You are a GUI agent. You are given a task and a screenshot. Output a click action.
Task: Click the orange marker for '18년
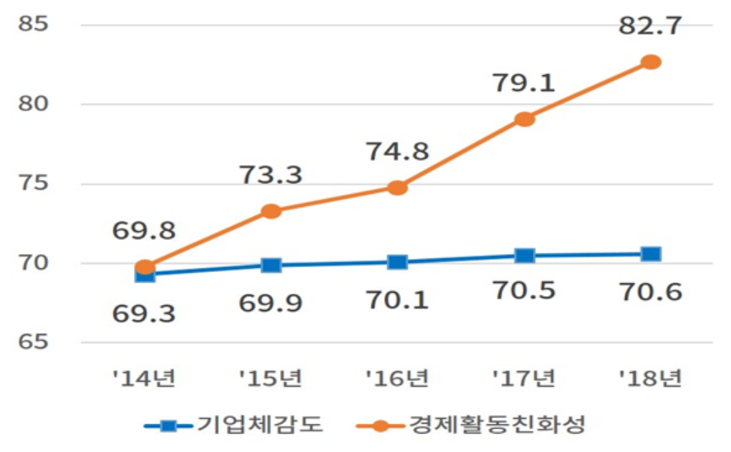651,62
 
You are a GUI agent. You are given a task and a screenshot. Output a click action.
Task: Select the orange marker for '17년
525,119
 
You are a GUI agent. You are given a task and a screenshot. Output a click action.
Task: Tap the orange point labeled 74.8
397,187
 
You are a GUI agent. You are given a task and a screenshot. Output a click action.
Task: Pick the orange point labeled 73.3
271,211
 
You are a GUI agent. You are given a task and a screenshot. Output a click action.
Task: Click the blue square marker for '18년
651,253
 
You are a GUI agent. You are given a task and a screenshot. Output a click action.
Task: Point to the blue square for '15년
271,265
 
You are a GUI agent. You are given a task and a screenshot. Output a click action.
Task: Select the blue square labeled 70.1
397,261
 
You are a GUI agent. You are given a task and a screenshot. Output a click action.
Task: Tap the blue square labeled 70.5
525,256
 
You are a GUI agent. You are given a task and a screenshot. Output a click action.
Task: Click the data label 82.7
651,26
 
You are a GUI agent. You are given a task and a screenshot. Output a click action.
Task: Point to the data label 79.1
525,82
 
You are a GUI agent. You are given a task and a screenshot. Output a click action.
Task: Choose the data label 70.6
651,291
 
